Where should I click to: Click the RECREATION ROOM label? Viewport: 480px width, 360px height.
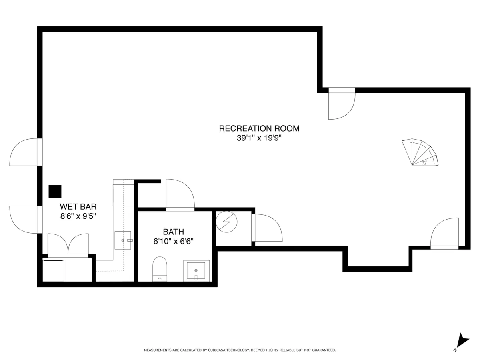[x=259, y=128]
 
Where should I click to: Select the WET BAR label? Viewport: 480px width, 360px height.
[x=78, y=206]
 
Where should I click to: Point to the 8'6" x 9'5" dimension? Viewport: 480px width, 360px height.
[x=78, y=216]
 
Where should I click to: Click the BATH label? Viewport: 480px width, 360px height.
[x=173, y=232]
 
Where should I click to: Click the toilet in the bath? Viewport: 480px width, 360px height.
[x=160, y=268]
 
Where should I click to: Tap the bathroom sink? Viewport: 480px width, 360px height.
[x=196, y=271]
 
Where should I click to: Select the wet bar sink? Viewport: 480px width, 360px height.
[x=123, y=240]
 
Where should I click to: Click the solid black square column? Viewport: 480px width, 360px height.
[x=55, y=191]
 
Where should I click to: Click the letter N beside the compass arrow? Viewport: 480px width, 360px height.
[x=455, y=350]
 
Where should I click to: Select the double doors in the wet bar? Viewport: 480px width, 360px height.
[x=68, y=244]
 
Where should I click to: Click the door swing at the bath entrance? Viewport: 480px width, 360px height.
[x=180, y=194]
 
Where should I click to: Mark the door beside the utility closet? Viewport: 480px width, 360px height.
[x=267, y=228]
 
